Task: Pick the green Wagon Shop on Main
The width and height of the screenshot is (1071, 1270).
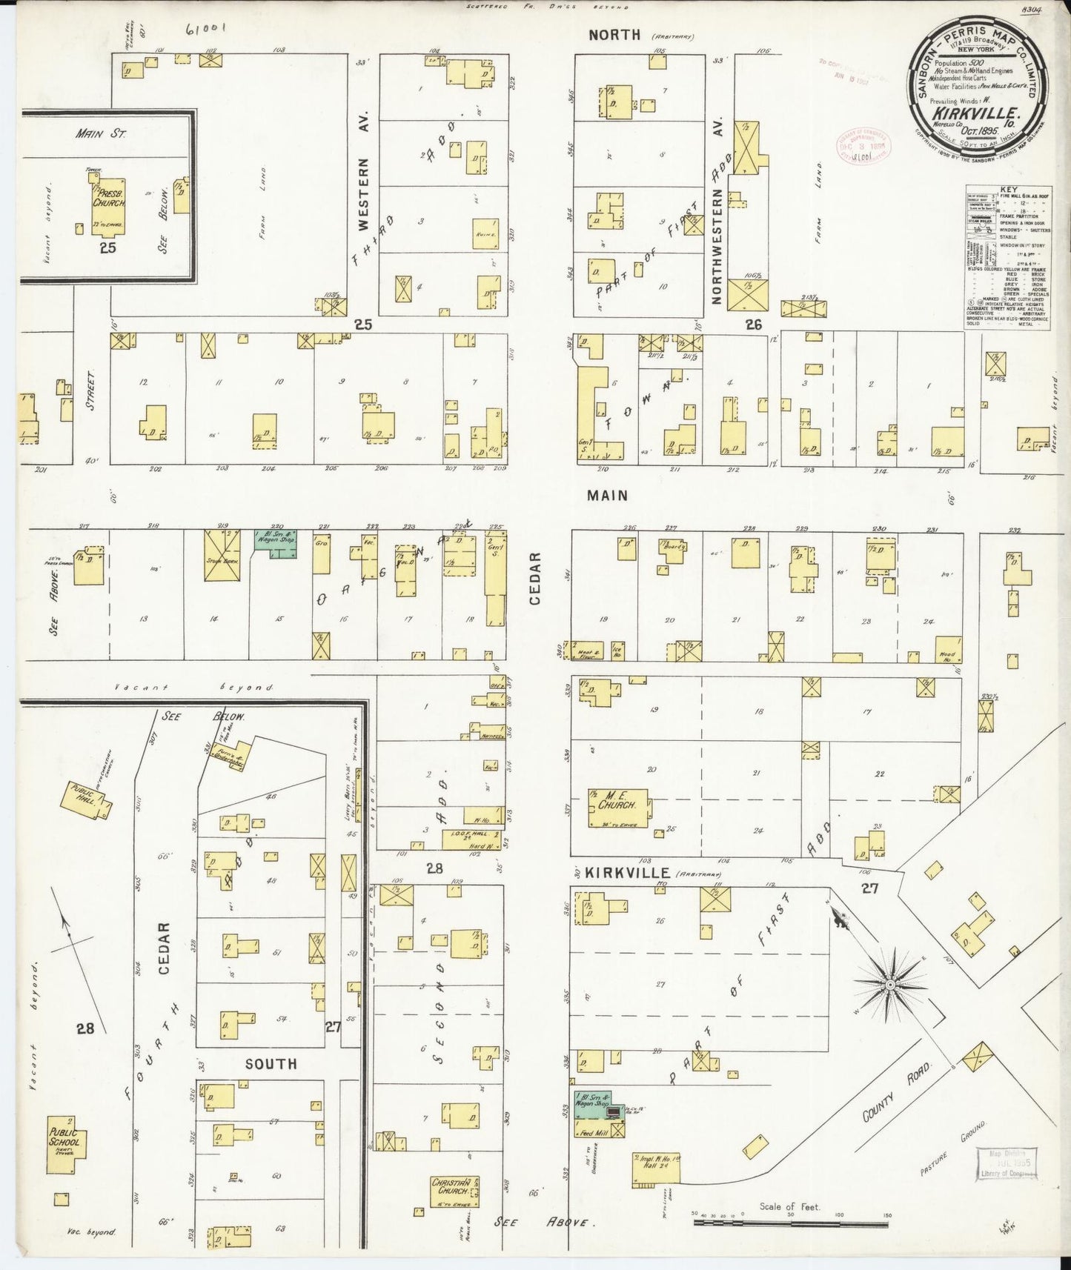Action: coord(276,544)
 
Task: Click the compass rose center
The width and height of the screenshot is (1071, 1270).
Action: coord(889,985)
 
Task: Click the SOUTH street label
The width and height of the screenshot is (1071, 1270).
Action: coord(271,1063)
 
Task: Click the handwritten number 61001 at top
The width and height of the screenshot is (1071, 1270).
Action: coord(207,30)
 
